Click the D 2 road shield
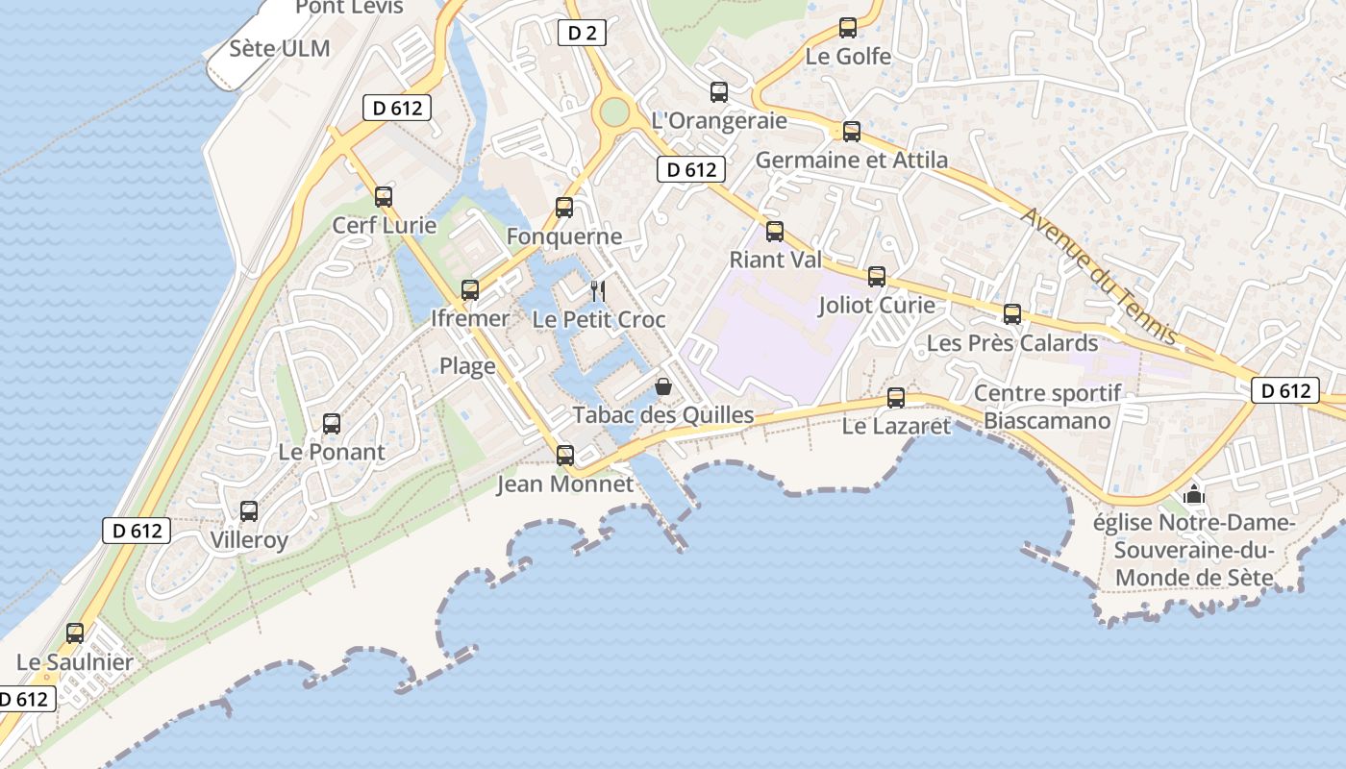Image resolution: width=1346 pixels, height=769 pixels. click(x=582, y=34)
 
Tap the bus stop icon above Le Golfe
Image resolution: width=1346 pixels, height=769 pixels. click(x=847, y=28)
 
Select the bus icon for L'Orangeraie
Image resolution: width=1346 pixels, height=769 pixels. click(x=718, y=92)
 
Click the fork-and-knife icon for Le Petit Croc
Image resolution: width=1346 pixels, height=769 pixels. click(x=597, y=290)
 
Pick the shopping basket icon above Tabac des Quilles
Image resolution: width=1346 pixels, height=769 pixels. click(x=663, y=386)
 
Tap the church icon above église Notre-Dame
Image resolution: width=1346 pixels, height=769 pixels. click(x=1194, y=494)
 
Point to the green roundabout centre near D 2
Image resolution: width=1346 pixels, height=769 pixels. click(x=613, y=112)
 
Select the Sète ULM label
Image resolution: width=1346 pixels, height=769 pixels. click(x=280, y=49)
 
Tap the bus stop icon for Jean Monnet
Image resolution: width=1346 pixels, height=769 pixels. click(x=565, y=456)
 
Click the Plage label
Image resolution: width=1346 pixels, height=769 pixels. click(x=467, y=365)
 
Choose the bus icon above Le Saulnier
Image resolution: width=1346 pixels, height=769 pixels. click(x=75, y=633)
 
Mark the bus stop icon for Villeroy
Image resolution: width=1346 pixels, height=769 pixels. click(x=249, y=511)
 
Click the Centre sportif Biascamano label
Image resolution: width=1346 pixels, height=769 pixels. click(x=1047, y=407)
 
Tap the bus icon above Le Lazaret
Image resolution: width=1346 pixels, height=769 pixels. click(x=896, y=397)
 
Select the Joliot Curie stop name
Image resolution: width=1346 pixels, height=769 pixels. click(x=876, y=306)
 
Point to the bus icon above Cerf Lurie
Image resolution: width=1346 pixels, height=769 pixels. click(x=384, y=197)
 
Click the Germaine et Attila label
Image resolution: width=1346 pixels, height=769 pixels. click(x=851, y=160)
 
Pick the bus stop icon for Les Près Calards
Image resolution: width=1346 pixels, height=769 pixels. click(x=1011, y=314)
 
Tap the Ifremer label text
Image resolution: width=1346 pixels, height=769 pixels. click(x=470, y=318)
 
